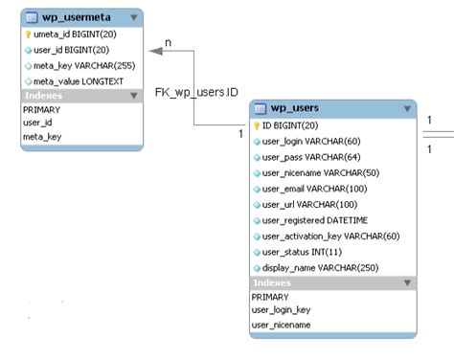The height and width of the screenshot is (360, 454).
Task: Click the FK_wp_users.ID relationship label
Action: pyautogui.click(x=196, y=93)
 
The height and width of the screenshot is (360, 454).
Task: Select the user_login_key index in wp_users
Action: pyautogui.click(x=282, y=310)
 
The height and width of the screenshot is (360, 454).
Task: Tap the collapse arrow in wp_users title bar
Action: pyautogui.click(x=407, y=109)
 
